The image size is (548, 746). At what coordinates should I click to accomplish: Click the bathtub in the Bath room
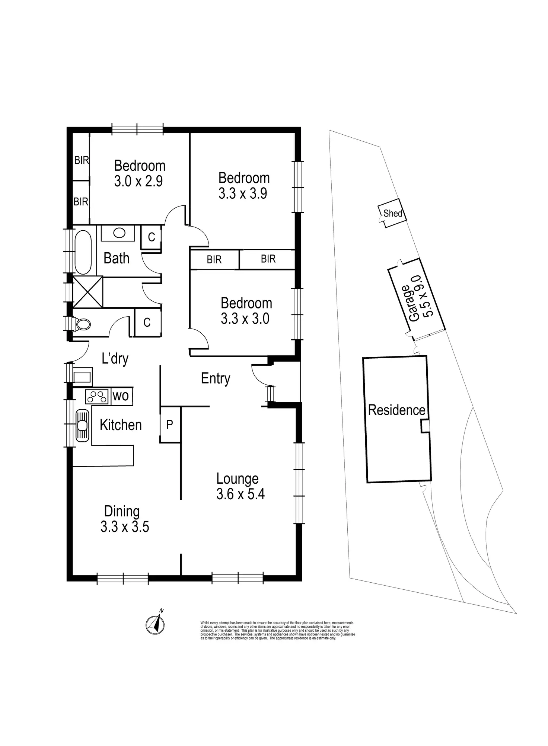pos(83,252)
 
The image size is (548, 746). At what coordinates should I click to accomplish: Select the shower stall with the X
pos(88,292)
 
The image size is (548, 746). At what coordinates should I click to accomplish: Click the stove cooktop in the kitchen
pos(97,397)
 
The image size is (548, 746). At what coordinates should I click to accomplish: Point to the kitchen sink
pos(82,425)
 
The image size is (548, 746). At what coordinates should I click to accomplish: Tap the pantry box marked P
pos(170,424)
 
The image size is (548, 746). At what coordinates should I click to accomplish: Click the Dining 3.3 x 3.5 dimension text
pos(125,527)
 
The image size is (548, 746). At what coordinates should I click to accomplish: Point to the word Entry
pos(216,378)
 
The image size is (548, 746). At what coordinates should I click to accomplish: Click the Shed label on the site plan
pos(393,214)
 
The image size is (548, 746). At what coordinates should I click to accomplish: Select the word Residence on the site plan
pos(396,410)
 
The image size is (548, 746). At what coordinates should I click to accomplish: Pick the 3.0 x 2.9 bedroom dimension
pos(138,182)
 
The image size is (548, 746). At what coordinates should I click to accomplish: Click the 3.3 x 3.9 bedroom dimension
pos(243,194)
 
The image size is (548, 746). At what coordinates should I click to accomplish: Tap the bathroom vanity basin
pos(119,233)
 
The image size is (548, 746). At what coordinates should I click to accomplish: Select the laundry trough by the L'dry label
pos(82,377)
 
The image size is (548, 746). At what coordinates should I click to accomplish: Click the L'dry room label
pos(115,359)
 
